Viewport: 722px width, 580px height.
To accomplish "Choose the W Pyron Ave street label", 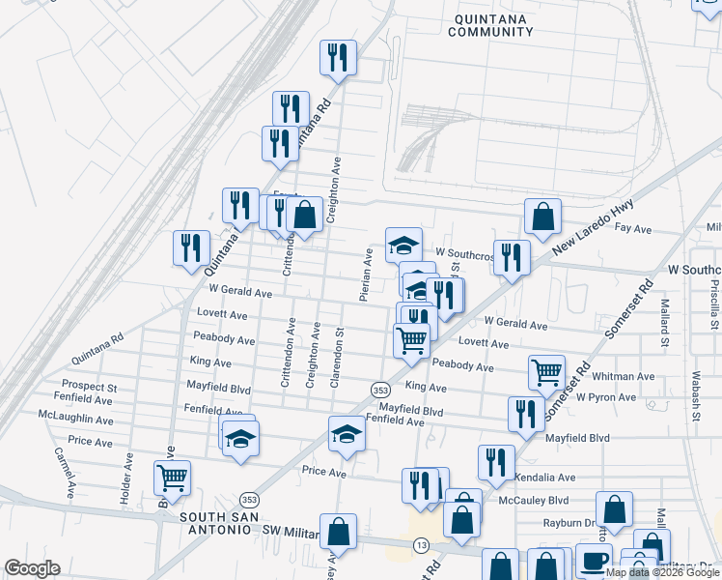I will click(x=605, y=397).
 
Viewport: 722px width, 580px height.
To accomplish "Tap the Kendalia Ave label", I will click(x=545, y=478).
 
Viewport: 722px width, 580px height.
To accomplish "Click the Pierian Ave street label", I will click(x=368, y=274).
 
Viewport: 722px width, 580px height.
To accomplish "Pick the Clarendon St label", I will click(x=339, y=357).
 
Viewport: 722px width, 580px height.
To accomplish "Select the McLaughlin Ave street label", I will click(x=75, y=421).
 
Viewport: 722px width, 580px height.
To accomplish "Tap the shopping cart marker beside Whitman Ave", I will click(x=547, y=371).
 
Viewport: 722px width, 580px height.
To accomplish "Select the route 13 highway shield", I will click(x=422, y=545).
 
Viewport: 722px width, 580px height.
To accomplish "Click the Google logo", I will click(x=32, y=569).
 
